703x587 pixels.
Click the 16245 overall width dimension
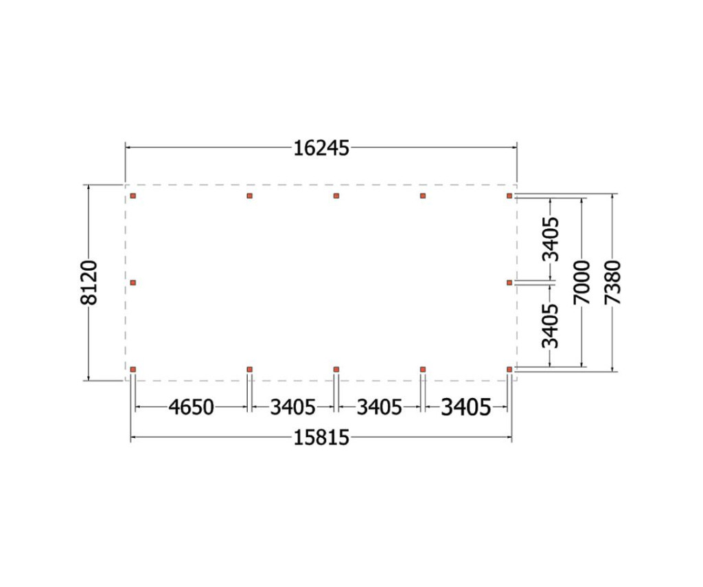(321, 148)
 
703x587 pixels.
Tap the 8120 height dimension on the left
(89, 283)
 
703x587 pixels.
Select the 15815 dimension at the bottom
(321, 438)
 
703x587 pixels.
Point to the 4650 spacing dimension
(191, 408)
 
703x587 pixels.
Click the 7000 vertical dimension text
(582, 283)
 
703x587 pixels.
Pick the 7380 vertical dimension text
(612, 283)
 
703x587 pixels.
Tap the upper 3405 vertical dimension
(551, 239)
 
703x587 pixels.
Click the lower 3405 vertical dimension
(551, 326)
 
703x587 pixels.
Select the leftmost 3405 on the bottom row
(292, 408)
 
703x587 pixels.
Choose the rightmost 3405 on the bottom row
(466, 408)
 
